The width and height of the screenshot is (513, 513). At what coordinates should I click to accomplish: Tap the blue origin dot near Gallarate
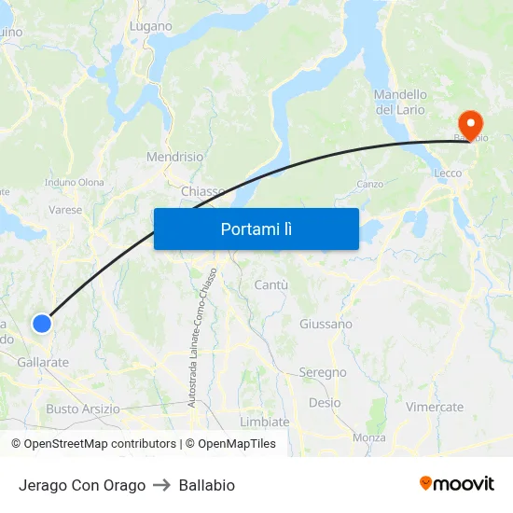(x=42, y=324)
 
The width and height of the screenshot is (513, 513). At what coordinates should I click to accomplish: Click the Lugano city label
(x=151, y=26)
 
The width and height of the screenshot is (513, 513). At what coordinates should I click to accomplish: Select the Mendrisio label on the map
(x=174, y=158)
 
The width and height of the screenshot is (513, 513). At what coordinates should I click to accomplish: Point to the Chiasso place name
(x=202, y=191)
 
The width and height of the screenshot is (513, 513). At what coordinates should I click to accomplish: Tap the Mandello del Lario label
(x=400, y=102)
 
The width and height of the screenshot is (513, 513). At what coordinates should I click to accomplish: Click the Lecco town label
(x=449, y=173)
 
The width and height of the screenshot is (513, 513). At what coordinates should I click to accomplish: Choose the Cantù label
(x=271, y=284)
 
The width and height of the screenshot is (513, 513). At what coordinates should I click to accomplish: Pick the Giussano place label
(x=326, y=324)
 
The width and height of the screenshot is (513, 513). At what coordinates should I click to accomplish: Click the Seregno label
(x=323, y=372)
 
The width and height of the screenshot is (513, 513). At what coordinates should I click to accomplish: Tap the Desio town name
(x=325, y=403)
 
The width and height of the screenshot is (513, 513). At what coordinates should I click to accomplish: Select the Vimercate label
(x=435, y=407)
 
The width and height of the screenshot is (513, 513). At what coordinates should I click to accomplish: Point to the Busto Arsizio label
(x=83, y=409)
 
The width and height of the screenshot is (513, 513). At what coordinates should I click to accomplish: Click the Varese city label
(x=65, y=210)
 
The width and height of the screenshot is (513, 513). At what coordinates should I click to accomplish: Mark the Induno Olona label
(x=75, y=182)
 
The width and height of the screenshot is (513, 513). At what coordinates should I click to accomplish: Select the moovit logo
(x=456, y=484)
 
